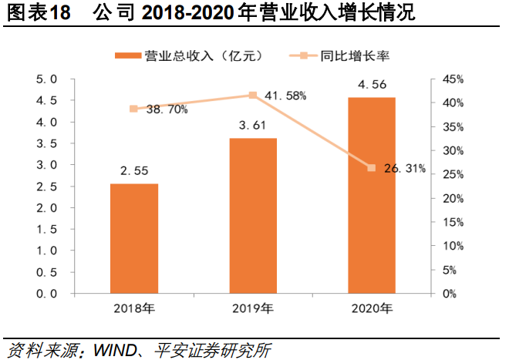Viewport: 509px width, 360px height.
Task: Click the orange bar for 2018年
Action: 134,238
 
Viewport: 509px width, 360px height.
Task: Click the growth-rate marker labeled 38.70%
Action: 134,109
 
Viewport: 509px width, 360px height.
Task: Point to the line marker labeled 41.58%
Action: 252,96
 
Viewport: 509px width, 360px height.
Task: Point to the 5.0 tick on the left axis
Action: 48,79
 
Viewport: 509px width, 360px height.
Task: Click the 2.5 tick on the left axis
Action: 48,187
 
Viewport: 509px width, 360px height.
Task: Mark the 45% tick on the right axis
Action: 453,79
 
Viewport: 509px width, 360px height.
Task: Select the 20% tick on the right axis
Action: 453,198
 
